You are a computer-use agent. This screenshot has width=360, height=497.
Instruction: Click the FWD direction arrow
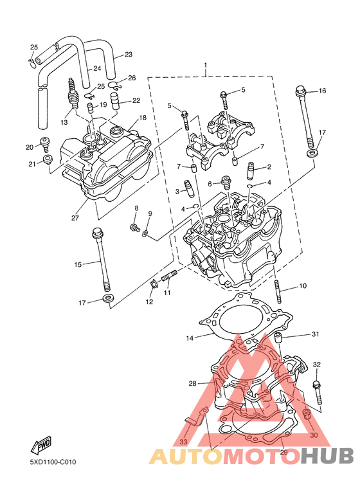click(x=40, y=445)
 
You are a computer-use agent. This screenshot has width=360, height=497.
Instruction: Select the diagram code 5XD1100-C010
click(x=53, y=462)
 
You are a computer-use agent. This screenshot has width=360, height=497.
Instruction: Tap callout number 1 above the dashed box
click(x=206, y=66)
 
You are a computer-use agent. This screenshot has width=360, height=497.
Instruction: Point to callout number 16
click(x=322, y=91)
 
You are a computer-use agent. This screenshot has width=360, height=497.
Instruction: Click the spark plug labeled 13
click(x=74, y=95)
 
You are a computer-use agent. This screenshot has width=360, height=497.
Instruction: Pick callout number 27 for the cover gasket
click(x=75, y=218)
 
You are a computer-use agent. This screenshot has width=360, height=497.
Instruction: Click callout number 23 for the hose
click(x=129, y=55)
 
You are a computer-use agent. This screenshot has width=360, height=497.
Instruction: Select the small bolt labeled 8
click(x=135, y=227)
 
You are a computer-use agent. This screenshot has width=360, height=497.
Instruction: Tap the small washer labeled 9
click(x=145, y=234)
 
